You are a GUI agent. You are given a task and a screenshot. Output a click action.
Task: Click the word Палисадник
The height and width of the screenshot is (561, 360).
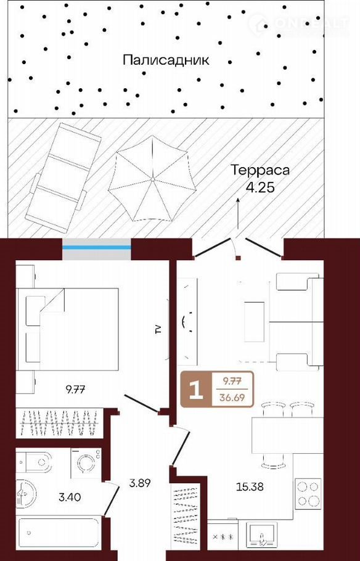click(166, 60)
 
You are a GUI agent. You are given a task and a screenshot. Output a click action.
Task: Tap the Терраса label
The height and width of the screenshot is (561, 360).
click(260, 170)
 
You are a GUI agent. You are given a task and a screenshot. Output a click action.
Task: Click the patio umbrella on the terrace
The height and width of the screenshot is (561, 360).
click(152, 179)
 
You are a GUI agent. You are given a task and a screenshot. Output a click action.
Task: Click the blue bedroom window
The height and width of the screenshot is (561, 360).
click(97, 247)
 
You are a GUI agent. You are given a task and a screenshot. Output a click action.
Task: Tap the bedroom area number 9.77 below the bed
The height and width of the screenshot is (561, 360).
click(75, 389)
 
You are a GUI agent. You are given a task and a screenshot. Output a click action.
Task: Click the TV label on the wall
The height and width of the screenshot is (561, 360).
click(158, 329)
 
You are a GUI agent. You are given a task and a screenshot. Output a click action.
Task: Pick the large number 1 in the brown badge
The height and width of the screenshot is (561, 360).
click(196, 390)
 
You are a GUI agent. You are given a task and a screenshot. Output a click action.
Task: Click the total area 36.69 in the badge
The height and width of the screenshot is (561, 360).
click(232, 397)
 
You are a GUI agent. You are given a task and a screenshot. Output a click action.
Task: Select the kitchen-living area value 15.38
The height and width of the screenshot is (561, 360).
click(250, 486)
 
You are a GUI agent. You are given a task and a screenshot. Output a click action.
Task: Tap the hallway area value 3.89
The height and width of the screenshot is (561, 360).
click(140, 483)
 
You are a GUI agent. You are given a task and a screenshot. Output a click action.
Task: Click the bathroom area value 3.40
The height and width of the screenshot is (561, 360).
click(70, 497)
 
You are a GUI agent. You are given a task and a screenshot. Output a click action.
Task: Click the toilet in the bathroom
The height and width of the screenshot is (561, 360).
click(35, 462)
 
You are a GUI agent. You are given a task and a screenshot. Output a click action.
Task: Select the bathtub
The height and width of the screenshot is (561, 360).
click(58, 534)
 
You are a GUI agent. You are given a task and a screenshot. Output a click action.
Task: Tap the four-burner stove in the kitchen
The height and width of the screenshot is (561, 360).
click(308, 494)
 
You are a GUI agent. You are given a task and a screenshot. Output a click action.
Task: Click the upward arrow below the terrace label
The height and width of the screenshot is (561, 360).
click(237, 213)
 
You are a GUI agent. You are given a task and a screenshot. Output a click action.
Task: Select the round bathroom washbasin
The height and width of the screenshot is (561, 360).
click(25, 494)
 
